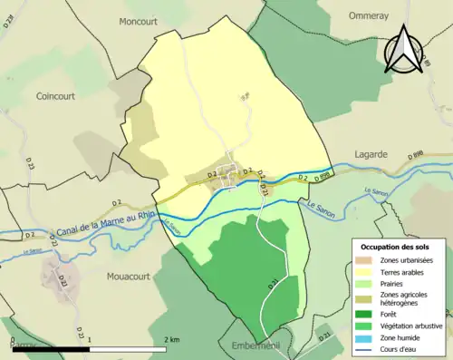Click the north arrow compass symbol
coord(404,49)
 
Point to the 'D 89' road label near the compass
coord(424,59)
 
